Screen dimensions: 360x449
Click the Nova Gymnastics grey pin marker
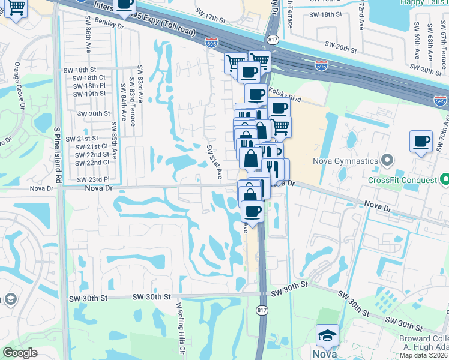(x=387, y=161)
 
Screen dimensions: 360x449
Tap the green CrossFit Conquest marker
(x=444, y=179)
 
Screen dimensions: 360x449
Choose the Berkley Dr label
(x=109, y=26)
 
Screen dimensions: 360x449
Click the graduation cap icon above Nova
(x=327, y=336)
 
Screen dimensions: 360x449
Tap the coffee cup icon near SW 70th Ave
(x=421, y=142)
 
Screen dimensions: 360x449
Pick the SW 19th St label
(x=90, y=94)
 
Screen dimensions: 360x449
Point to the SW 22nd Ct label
(x=93, y=163)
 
